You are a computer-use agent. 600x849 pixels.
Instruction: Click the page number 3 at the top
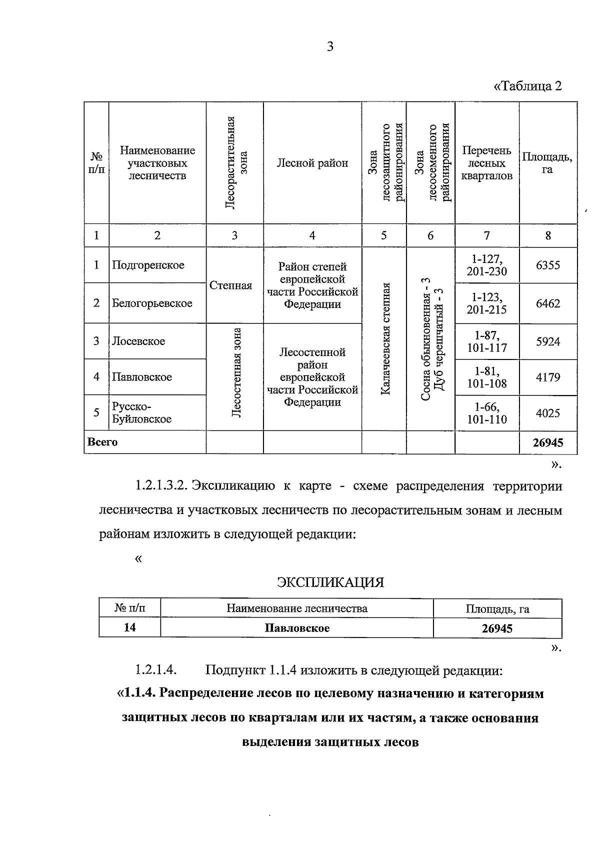click(329, 47)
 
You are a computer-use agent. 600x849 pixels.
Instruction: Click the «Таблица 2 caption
click(527, 86)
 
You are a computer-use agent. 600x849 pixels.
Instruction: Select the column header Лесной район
click(312, 163)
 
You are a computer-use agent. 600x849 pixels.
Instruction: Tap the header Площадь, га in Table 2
click(547, 163)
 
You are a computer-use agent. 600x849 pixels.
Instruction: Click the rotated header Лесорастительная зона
click(235, 163)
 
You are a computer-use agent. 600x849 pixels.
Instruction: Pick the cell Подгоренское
click(148, 265)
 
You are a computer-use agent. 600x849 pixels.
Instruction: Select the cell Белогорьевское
click(152, 303)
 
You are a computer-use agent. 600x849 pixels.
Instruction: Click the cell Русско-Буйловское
click(141, 413)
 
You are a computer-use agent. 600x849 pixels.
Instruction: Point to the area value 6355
click(548, 265)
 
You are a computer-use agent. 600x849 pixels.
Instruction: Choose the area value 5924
click(548, 341)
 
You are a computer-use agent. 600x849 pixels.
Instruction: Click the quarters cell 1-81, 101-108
click(486, 377)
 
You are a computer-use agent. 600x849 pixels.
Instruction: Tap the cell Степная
click(230, 285)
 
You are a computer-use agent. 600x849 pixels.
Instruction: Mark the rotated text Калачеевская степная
click(384, 338)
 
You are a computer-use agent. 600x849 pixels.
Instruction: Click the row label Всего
click(102, 442)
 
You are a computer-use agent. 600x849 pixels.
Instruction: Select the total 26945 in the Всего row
click(548, 442)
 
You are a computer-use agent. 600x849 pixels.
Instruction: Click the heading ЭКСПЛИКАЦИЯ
click(330, 582)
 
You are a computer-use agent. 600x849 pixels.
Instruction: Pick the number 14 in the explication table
click(129, 627)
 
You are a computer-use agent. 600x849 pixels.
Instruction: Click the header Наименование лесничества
click(297, 608)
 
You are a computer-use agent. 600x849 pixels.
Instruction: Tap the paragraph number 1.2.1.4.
click(156, 670)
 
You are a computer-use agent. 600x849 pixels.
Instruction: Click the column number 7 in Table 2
click(486, 235)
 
